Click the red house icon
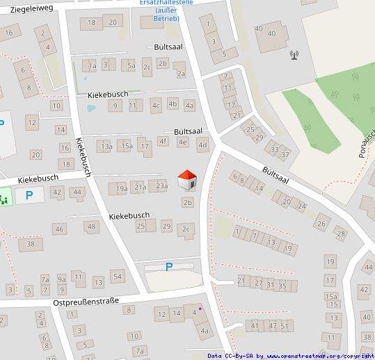(187, 180)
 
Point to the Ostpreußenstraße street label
(86, 302)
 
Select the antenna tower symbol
(294, 53)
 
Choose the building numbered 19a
(121, 188)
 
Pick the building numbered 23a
(161, 186)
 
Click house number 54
(117, 277)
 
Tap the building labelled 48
(92, 227)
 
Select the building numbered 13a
(105, 147)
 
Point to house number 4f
(163, 141)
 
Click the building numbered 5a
(130, 66)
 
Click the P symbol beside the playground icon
(29, 195)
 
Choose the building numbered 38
(31, 244)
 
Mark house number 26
(321, 224)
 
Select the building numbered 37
(285, 154)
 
